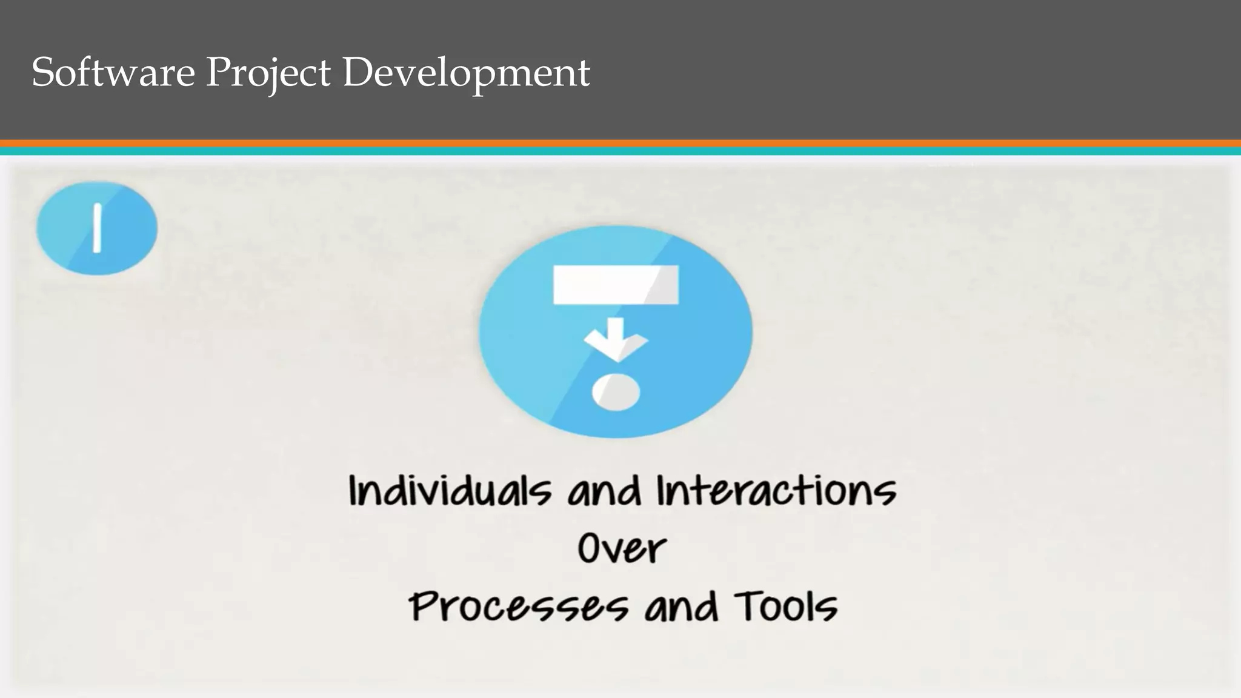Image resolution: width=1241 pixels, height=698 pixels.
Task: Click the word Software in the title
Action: [113, 72]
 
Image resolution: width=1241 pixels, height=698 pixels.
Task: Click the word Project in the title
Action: [268, 73]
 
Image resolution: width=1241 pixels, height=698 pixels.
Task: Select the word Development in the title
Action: [466, 73]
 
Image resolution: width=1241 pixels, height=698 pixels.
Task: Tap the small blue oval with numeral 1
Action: [97, 228]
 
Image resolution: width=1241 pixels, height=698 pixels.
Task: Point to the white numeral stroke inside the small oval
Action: [96, 228]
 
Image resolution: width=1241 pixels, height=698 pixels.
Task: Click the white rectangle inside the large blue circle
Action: [616, 285]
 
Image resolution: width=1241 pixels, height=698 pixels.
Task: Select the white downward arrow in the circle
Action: [616, 341]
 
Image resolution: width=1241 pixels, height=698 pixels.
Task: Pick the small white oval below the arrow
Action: [616, 393]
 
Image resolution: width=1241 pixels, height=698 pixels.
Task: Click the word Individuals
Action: [450, 491]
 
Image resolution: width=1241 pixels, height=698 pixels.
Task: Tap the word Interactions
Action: [776, 491]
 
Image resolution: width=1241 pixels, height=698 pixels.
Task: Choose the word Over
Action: [622, 548]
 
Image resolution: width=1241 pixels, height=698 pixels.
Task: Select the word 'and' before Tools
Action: [681, 607]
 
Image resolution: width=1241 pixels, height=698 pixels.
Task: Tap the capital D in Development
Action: [358, 72]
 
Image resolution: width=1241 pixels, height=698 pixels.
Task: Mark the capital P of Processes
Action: [424, 607]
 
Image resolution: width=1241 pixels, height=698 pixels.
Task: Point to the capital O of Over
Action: [590, 548]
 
